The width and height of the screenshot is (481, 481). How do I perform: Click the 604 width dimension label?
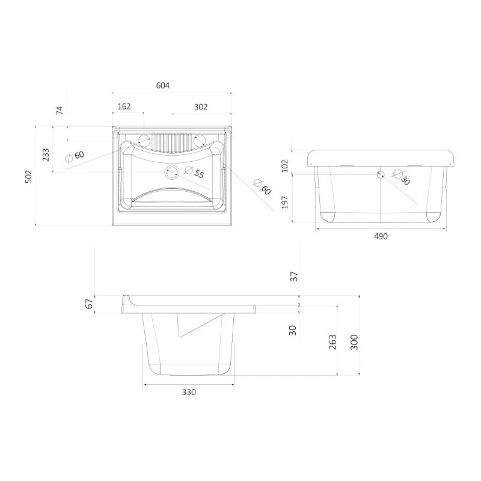(x=162, y=85)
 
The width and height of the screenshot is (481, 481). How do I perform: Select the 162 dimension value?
(x=124, y=106)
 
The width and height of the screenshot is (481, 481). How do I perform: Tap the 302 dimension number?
(x=201, y=107)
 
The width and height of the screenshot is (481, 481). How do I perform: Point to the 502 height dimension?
(x=28, y=177)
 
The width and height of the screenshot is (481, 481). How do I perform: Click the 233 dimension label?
(x=46, y=155)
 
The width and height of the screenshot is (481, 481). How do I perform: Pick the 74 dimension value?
(x=60, y=111)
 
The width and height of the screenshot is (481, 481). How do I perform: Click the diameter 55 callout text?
(x=194, y=173)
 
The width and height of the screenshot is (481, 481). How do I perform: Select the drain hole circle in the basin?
(x=172, y=172)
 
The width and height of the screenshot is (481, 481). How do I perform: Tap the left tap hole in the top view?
(x=144, y=141)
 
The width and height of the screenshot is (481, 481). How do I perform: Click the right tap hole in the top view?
(x=199, y=140)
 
